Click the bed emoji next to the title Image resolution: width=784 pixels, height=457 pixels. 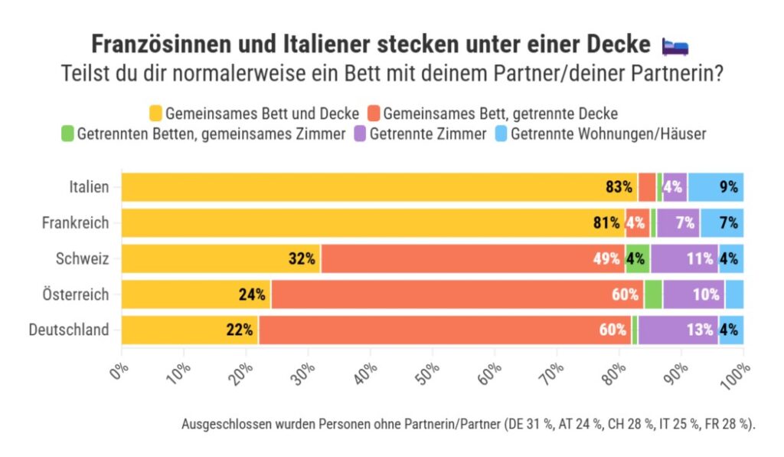(675, 46)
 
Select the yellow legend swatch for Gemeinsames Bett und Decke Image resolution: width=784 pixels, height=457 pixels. (156, 113)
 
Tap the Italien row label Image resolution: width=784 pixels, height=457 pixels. (88, 187)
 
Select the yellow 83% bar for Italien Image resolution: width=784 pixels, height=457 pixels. (379, 187)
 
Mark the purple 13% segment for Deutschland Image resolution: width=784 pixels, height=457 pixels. (678, 330)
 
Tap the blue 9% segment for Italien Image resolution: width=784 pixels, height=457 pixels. (715, 187)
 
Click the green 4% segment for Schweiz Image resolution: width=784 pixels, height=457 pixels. (638, 258)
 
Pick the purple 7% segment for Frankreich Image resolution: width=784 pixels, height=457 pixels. (678, 223)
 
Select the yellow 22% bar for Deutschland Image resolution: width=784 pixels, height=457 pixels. (190, 330)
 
